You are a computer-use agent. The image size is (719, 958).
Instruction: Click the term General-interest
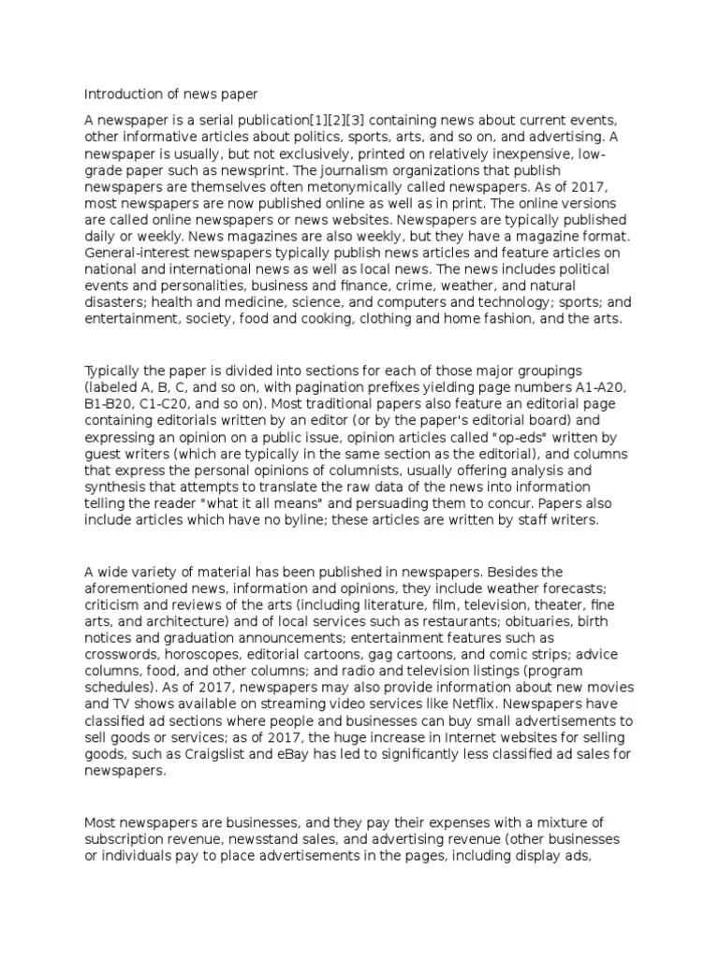(x=133, y=254)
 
